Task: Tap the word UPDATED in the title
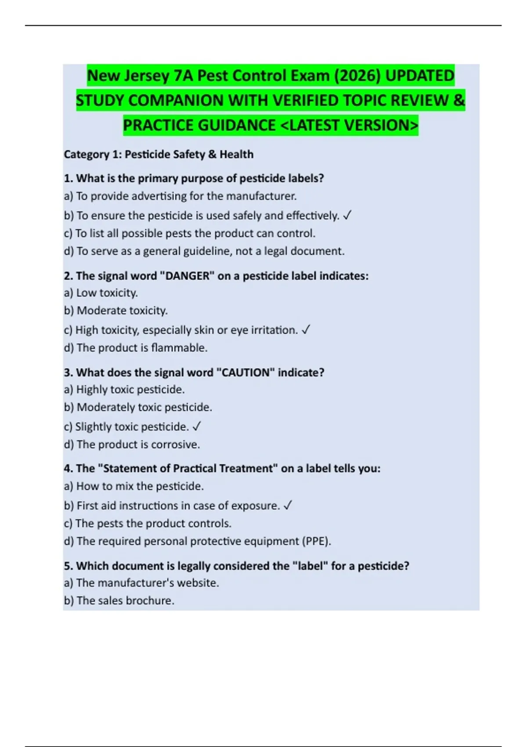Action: click(419, 76)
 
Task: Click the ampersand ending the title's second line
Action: click(458, 100)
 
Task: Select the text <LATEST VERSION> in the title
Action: click(349, 125)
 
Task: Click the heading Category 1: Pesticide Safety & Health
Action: click(159, 154)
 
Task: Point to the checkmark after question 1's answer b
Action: click(347, 216)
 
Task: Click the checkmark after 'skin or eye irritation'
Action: click(306, 330)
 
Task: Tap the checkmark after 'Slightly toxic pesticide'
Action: click(197, 427)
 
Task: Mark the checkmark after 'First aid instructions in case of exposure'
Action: click(288, 506)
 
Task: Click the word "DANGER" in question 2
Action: click(187, 276)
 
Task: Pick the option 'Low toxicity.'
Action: click(101, 293)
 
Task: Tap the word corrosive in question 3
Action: click(175, 445)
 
